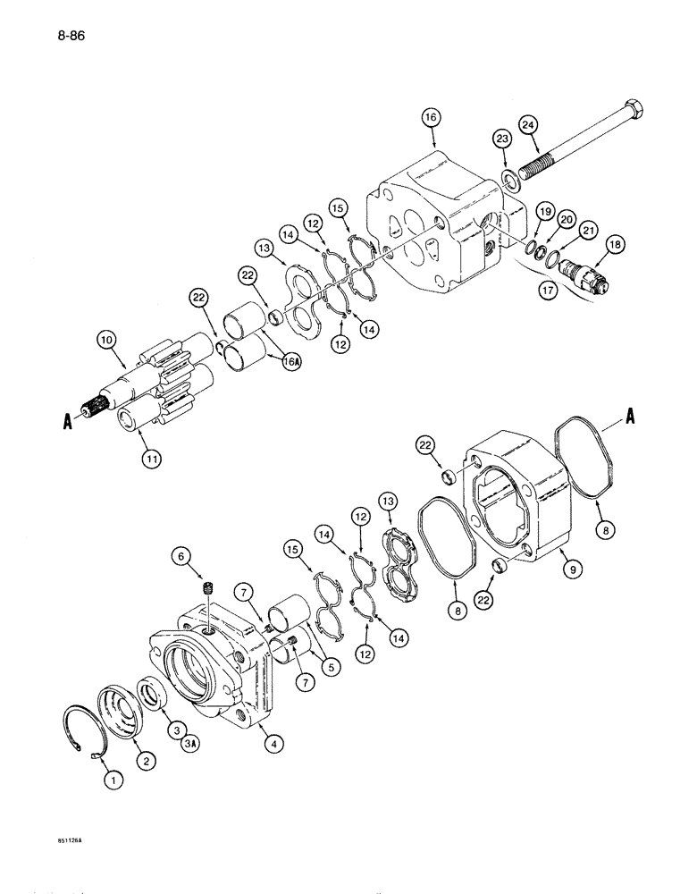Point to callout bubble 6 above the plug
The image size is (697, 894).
pos(183,556)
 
